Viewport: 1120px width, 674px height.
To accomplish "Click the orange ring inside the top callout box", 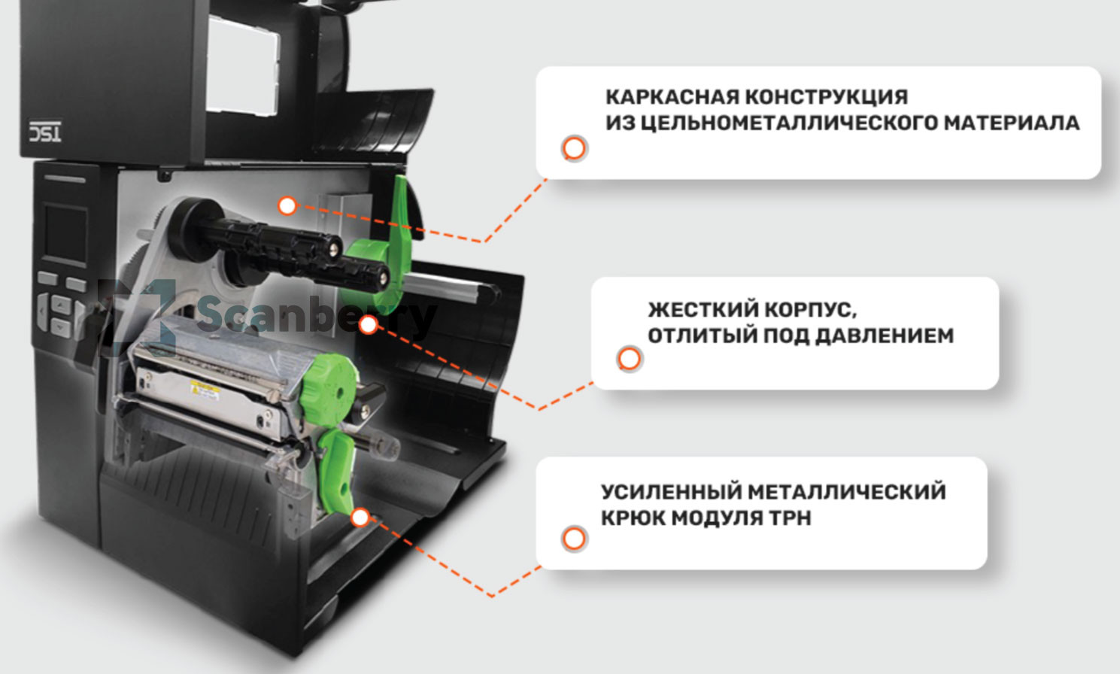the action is (x=574, y=148).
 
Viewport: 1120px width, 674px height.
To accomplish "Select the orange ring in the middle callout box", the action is (x=629, y=359).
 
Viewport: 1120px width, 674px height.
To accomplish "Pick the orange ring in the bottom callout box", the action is (x=574, y=539).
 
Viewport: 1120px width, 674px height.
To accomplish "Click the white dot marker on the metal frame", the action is (x=287, y=205).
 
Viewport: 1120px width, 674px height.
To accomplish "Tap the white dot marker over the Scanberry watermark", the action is (x=369, y=325).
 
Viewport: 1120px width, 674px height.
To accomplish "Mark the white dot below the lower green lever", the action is (x=360, y=518).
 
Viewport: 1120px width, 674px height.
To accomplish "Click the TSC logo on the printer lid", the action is (x=45, y=132).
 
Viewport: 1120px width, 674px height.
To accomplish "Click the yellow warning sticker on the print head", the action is (x=204, y=389).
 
